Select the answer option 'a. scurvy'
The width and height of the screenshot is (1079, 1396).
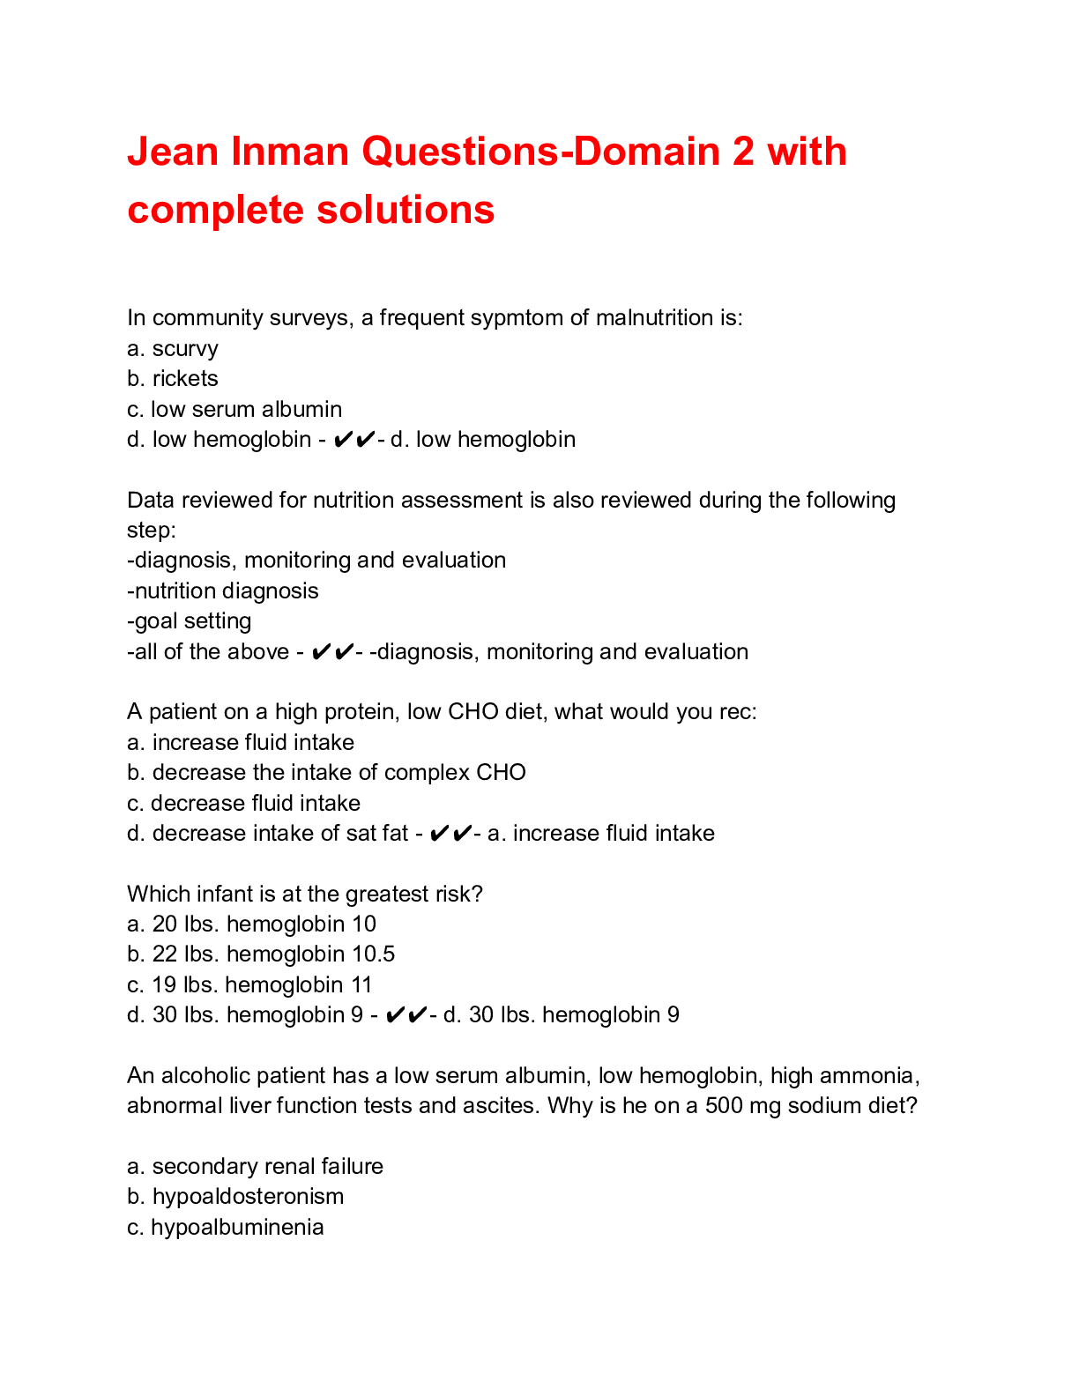click(173, 349)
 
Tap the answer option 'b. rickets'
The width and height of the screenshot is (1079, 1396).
click(173, 379)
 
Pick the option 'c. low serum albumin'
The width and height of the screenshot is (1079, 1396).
click(234, 410)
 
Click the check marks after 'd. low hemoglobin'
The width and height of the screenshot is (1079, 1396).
click(354, 440)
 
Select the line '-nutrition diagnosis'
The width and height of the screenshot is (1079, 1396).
click(223, 591)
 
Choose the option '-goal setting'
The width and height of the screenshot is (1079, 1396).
click(190, 621)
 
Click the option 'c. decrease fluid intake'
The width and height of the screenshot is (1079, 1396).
click(244, 804)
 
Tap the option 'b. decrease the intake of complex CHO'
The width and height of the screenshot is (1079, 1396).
click(326, 773)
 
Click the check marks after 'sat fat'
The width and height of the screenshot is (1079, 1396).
click(450, 834)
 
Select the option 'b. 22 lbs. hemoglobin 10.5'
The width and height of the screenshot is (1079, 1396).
click(261, 954)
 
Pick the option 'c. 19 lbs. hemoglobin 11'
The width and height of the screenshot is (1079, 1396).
click(249, 985)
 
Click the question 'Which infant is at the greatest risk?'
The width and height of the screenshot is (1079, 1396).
click(305, 895)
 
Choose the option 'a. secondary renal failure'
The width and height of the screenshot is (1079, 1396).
click(256, 1167)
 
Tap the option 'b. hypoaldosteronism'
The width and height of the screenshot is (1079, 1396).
click(235, 1197)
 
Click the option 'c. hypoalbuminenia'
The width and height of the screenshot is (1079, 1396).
click(226, 1228)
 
